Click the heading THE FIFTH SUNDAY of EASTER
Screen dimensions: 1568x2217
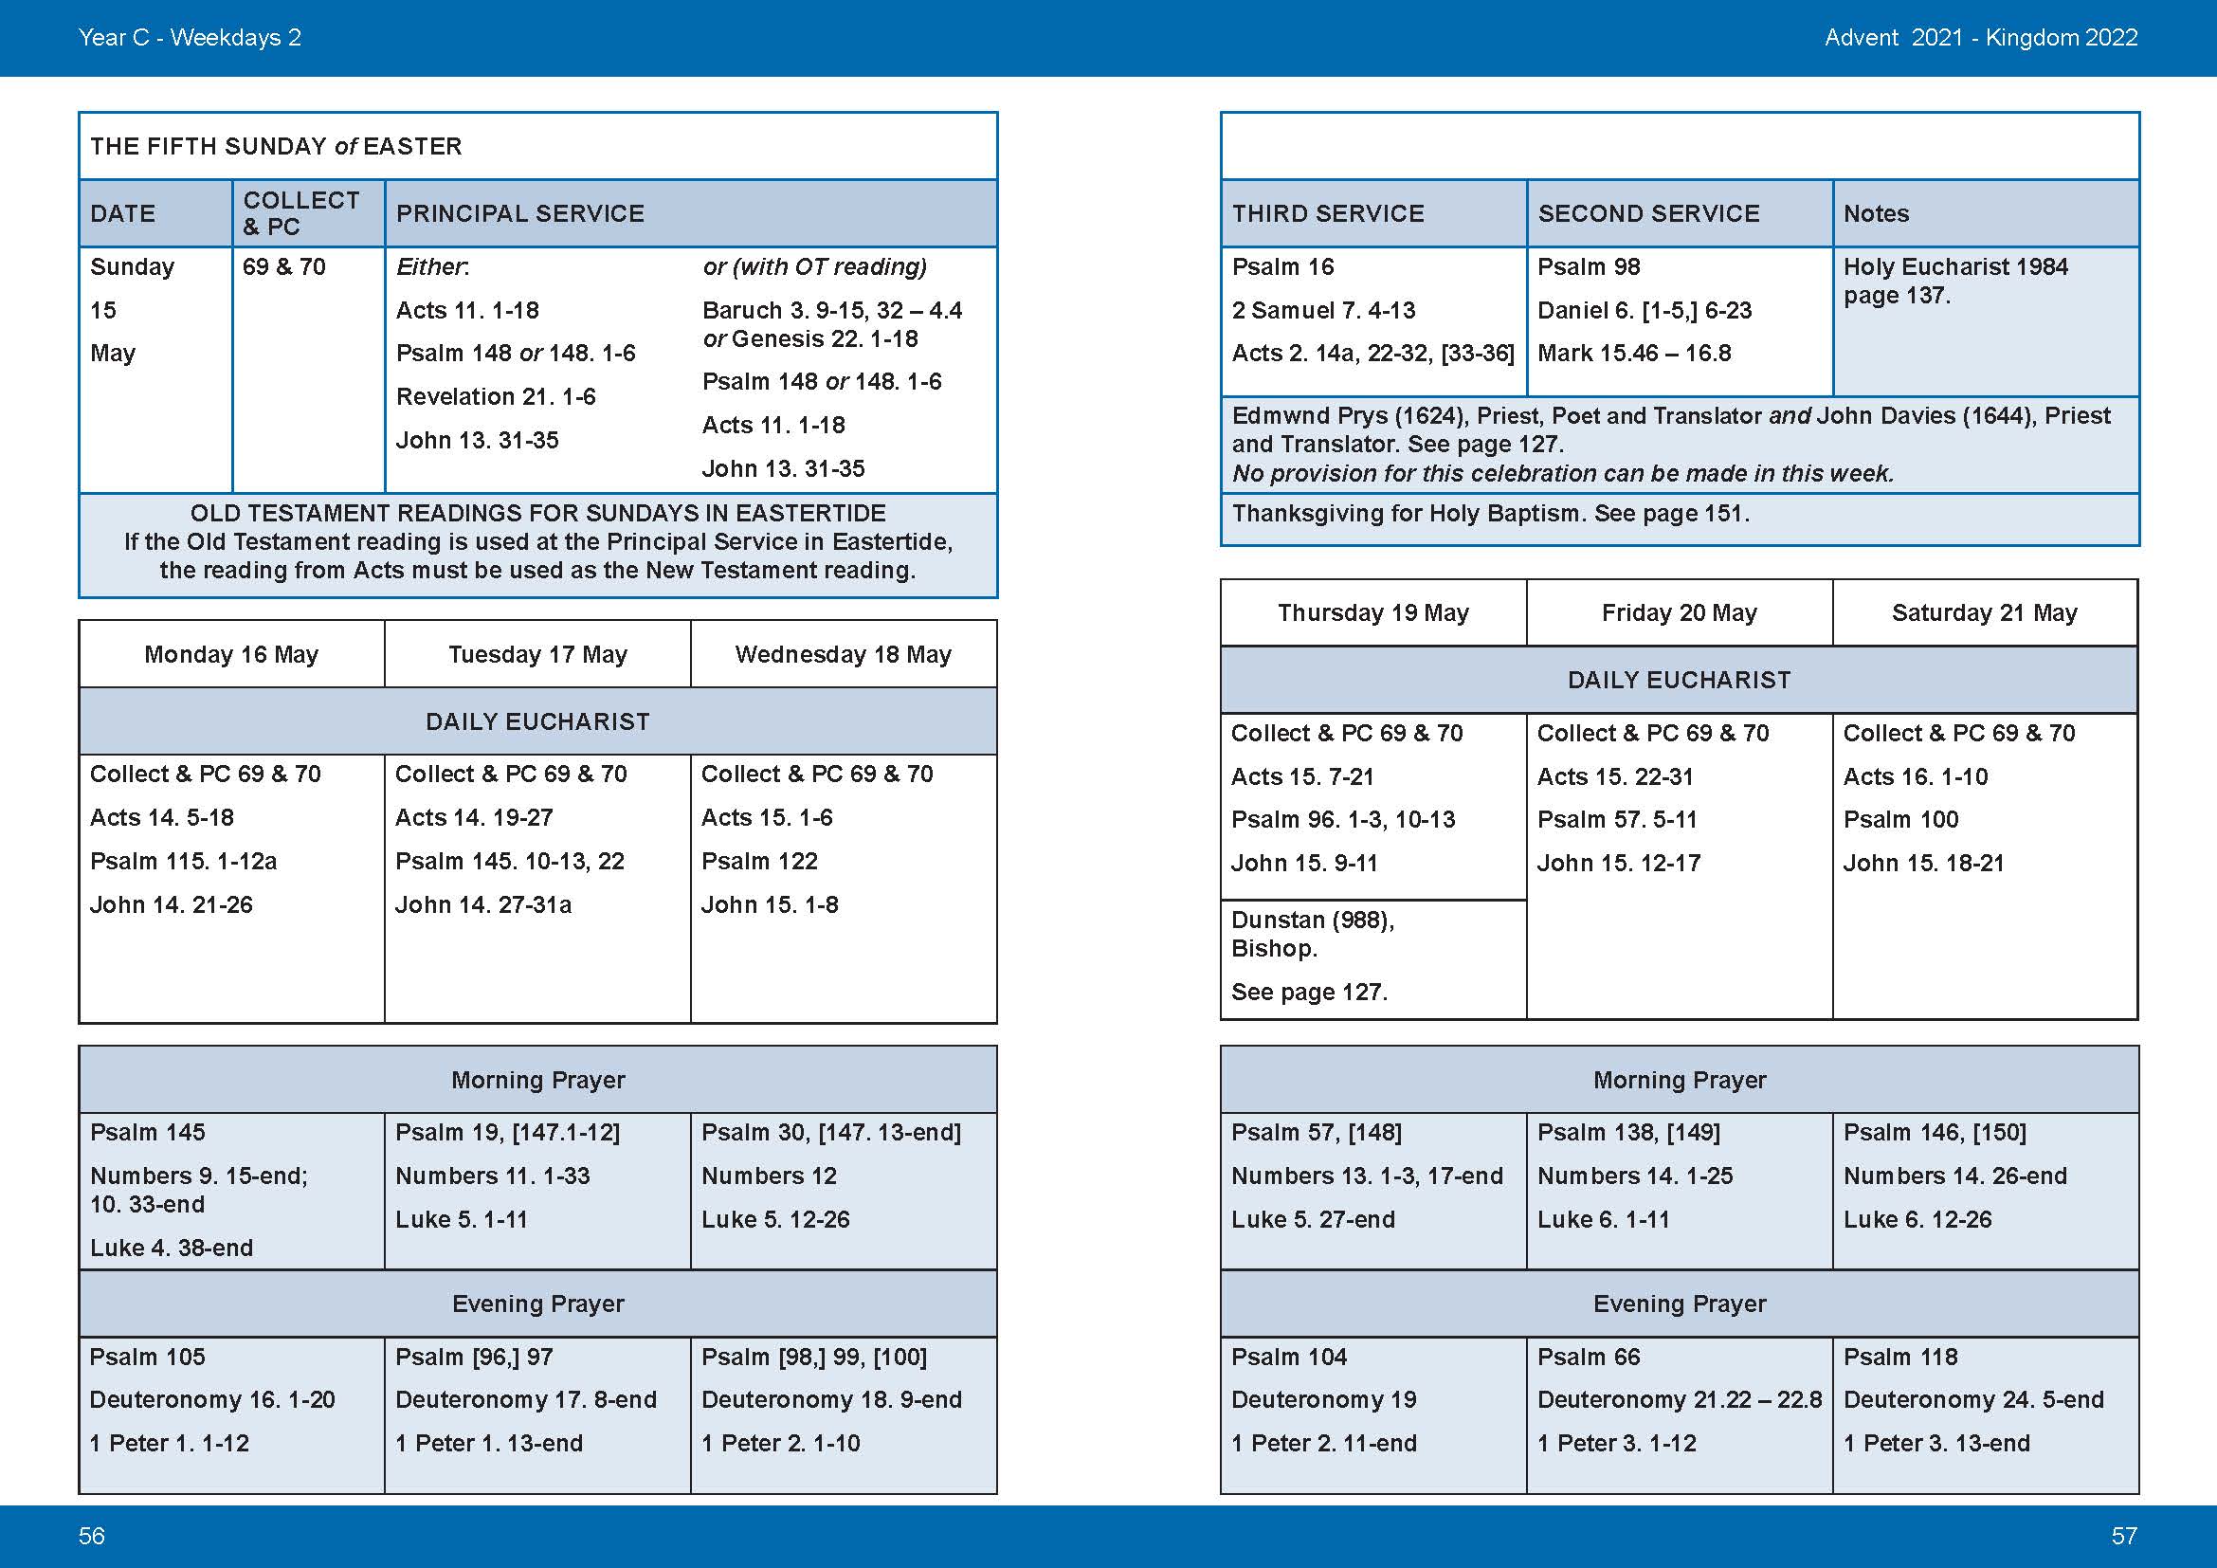(x=276, y=146)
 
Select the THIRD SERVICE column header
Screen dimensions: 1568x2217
(x=1328, y=213)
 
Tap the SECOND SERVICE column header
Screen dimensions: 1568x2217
(x=1648, y=213)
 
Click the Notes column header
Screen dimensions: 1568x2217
(x=1875, y=213)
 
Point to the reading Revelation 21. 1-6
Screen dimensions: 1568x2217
(x=496, y=397)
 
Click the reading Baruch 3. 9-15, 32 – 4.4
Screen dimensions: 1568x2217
(x=831, y=311)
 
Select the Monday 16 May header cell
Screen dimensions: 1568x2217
(x=230, y=655)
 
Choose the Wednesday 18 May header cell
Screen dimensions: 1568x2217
(x=843, y=655)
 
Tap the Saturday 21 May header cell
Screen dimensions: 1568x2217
(x=1984, y=613)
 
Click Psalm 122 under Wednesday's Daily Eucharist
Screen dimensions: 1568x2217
(x=759, y=861)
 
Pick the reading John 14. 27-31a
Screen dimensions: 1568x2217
(x=482, y=904)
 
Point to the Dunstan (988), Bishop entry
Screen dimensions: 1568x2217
(x=1312, y=934)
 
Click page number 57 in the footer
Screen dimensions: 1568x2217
(x=2123, y=1536)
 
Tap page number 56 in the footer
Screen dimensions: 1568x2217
(x=92, y=1536)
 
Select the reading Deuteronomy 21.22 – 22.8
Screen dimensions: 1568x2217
(x=1680, y=1400)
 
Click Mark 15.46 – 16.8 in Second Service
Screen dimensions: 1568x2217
(x=1634, y=354)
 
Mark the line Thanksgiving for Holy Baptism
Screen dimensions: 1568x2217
(x=1490, y=514)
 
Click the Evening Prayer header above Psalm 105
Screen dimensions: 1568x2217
(x=537, y=1304)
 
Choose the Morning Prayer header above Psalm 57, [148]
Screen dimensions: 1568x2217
(x=1680, y=1080)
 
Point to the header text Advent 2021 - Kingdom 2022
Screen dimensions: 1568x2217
(x=1980, y=38)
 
